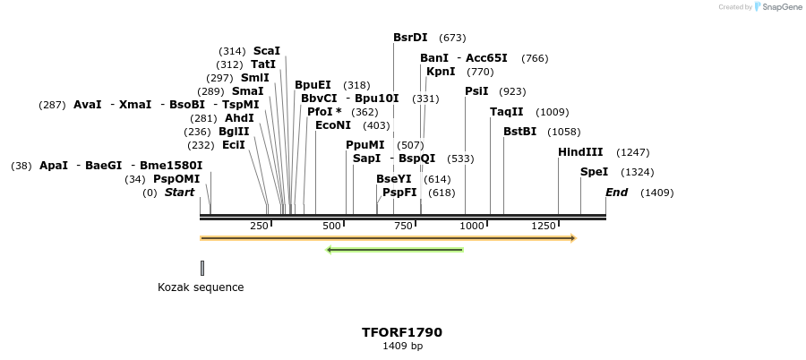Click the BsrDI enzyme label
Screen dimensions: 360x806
(x=410, y=38)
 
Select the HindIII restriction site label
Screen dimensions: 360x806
(x=580, y=152)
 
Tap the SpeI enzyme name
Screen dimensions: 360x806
(x=594, y=172)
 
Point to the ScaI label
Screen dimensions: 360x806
(x=267, y=51)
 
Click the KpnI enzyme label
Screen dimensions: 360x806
(x=441, y=72)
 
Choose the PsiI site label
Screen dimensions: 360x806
(x=476, y=91)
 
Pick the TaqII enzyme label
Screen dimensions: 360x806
(x=506, y=112)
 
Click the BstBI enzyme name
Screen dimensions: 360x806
(x=519, y=132)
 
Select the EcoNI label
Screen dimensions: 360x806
(x=333, y=125)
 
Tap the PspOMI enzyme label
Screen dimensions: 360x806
(x=176, y=179)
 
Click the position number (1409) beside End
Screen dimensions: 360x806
(x=656, y=193)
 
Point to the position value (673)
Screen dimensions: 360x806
(x=452, y=38)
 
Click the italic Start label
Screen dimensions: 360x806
(x=179, y=193)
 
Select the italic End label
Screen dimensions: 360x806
(x=616, y=193)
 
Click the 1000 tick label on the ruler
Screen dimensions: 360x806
(x=472, y=227)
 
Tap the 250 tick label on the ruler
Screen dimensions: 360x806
(x=260, y=227)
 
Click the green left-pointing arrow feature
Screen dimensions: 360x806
(x=394, y=249)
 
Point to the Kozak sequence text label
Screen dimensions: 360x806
(x=201, y=287)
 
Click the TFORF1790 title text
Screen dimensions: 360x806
(x=402, y=332)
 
